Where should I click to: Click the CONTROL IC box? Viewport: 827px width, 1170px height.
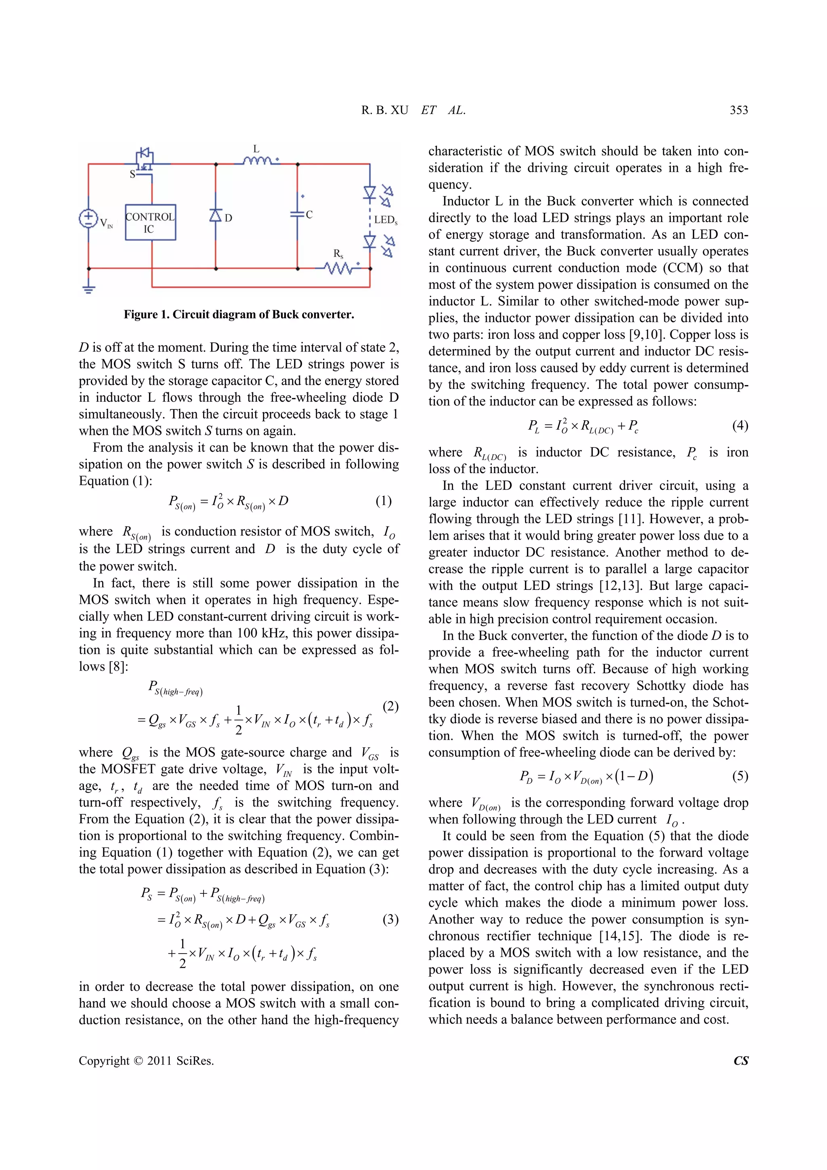point(150,223)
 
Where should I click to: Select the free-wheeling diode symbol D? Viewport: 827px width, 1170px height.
point(216,216)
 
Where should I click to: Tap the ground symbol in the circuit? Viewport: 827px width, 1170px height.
point(89,289)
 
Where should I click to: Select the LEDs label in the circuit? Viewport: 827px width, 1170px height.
point(385,220)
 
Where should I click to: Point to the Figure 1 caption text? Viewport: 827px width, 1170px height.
point(239,315)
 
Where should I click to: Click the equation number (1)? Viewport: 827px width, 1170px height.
point(383,501)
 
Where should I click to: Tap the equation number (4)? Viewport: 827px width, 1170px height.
point(740,425)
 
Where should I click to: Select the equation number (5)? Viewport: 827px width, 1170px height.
point(740,776)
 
